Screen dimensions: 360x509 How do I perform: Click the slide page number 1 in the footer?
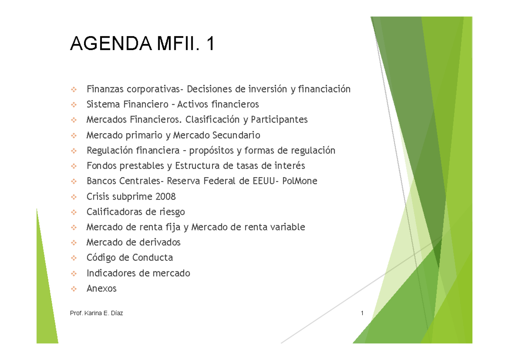click(x=362, y=313)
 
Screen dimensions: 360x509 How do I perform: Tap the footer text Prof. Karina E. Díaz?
click(x=97, y=313)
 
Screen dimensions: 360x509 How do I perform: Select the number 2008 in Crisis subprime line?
click(x=165, y=196)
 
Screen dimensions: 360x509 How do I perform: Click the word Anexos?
click(x=101, y=288)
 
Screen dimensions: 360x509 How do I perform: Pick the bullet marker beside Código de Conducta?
click(x=74, y=258)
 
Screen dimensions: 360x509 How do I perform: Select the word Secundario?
click(x=236, y=135)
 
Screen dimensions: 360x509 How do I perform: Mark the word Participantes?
click(x=279, y=120)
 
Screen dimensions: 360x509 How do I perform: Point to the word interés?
click(x=289, y=165)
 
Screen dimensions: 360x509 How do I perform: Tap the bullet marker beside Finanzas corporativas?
click(x=74, y=89)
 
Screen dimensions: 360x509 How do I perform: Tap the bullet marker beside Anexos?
click(x=74, y=289)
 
